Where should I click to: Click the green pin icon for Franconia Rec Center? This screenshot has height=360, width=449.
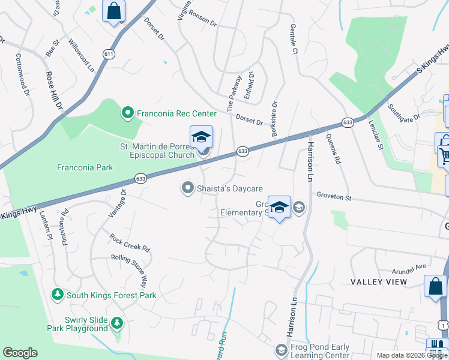pyautogui.click(x=127, y=112)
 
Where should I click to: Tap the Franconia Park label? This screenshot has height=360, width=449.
pyautogui.click(x=85, y=167)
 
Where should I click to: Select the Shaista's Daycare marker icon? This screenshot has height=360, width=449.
pyautogui.click(x=187, y=188)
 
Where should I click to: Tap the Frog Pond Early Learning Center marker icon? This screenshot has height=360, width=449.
pyautogui.click(x=281, y=349)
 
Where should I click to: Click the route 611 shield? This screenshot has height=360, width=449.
pyautogui.click(x=109, y=54)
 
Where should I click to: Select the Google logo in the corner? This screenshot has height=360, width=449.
pyautogui.click(x=20, y=353)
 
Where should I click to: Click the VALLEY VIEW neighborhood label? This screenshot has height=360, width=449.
pyautogui.click(x=379, y=281)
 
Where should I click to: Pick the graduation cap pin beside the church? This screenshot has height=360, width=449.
pyautogui.click(x=202, y=137)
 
